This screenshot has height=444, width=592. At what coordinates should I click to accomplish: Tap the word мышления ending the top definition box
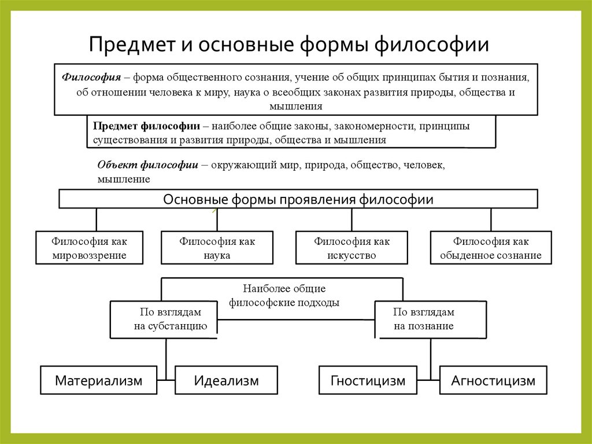(295, 106)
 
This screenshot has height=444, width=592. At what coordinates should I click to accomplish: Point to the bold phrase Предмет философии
(147, 126)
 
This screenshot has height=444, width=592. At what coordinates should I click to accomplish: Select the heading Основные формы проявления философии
(298, 200)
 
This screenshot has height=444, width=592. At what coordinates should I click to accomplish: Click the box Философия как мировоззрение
(89, 248)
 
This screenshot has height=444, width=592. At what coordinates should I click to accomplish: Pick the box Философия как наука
(217, 248)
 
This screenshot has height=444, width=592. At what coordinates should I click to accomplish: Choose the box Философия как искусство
(351, 248)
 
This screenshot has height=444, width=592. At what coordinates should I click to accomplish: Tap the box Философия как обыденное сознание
(490, 248)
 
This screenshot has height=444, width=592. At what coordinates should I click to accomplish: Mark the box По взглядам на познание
(424, 319)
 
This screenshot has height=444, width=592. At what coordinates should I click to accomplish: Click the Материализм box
(98, 380)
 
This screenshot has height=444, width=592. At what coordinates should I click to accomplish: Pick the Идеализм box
(226, 380)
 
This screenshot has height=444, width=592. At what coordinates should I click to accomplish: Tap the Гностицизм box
(368, 380)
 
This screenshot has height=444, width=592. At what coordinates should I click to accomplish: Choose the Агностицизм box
(493, 380)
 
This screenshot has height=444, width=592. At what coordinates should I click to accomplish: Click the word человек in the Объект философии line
(421, 165)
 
